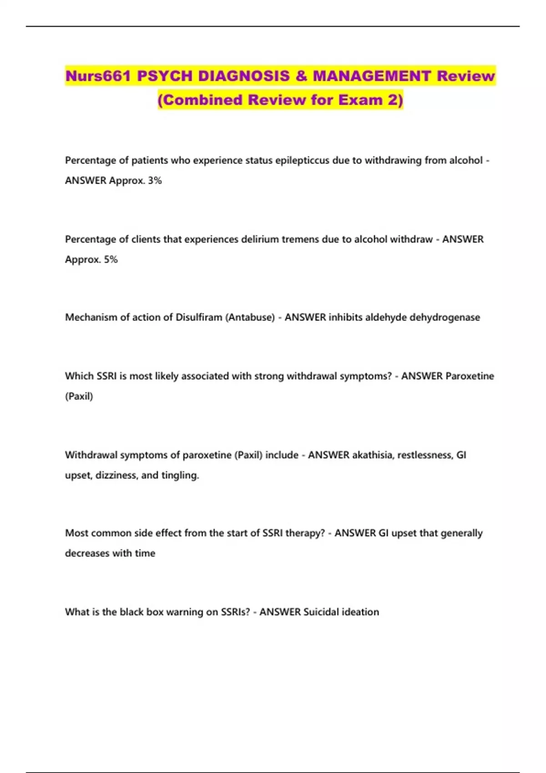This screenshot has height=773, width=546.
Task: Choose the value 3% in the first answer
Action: click(x=155, y=181)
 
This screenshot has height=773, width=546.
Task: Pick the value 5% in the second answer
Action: click(x=111, y=259)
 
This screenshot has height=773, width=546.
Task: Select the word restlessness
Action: click(x=425, y=455)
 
